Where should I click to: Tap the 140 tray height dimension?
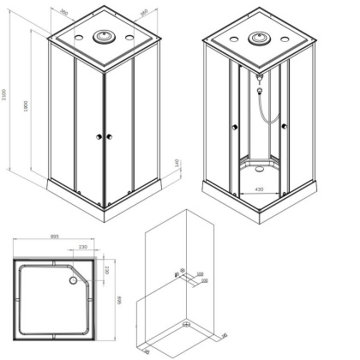point(175,162)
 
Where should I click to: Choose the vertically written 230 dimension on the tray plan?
point(106,271)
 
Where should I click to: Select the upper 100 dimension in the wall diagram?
point(200,273)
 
